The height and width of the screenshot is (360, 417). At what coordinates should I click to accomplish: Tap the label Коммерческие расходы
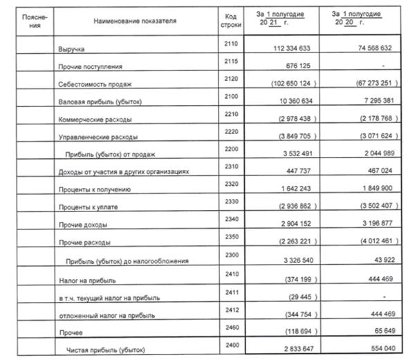tap(95, 118)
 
